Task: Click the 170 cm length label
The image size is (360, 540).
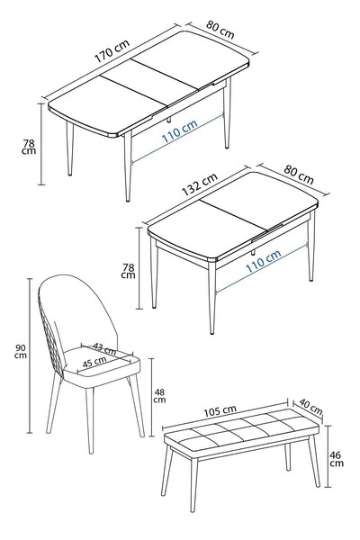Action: click(x=112, y=51)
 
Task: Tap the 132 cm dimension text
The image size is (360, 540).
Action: click(x=200, y=184)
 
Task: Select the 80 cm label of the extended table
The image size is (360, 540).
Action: click(x=220, y=30)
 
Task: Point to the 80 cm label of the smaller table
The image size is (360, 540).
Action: click(x=299, y=175)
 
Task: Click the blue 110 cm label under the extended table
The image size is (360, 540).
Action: click(x=179, y=131)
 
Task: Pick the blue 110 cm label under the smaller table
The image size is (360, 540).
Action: click(x=263, y=261)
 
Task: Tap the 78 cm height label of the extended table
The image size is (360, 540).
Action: click(x=29, y=147)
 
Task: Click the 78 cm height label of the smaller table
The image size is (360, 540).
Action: click(x=128, y=271)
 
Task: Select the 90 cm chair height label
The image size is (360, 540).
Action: click(x=21, y=351)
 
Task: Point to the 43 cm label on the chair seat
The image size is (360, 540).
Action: click(x=104, y=348)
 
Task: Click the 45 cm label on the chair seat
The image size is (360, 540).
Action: click(x=94, y=362)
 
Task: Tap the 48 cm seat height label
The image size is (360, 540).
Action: click(x=159, y=396)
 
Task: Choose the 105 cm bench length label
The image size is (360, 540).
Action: click(x=220, y=411)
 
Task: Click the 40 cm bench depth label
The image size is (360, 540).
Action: click(x=310, y=407)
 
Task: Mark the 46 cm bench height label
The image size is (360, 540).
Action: click(x=337, y=459)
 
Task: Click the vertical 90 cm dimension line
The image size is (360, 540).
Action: click(x=30, y=355)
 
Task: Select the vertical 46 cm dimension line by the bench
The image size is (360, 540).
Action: click(x=328, y=456)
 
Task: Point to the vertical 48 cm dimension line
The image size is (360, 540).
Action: click(x=151, y=397)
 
